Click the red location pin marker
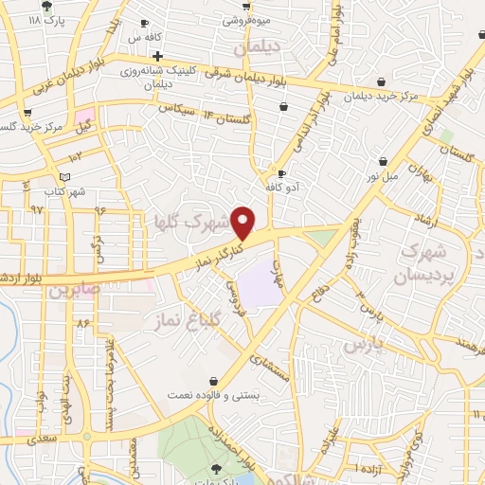click(x=244, y=223)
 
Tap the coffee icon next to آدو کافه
click(x=281, y=174)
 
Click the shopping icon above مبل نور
click(x=383, y=162)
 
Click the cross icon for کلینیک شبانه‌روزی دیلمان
click(x=158, y=54)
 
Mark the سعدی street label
click(x=42, y=440)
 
